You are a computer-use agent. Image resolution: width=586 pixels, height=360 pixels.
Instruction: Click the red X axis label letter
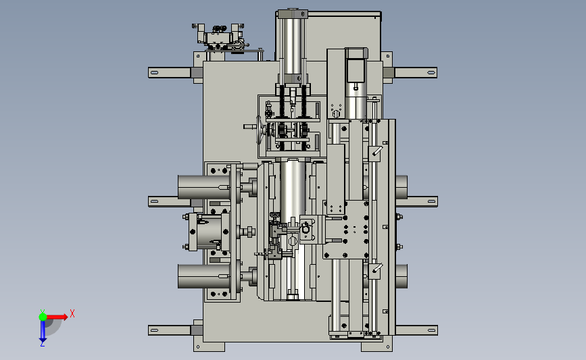pos(72,313)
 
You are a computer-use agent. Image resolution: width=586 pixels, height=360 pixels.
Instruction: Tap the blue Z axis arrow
pos(43,331)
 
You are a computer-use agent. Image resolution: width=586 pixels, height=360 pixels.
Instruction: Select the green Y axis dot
pos(43,317)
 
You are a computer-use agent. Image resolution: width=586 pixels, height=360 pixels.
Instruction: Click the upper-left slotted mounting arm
pos(170,72)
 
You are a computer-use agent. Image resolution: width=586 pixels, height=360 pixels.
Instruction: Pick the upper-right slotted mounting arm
pos(415,72)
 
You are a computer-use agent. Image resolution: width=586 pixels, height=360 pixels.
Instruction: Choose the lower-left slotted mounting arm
pos(170,330)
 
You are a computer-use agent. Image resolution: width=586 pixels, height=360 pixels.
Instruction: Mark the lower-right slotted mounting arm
pos(416,330)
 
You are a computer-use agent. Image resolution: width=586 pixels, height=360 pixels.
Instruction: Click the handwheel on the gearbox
pos(259,130)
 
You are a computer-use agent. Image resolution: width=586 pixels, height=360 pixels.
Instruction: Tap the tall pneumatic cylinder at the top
pos(292,45)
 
